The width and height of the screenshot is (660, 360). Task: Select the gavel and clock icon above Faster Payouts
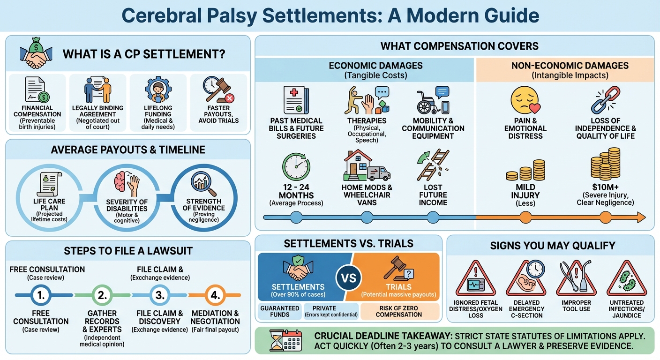tap(218, 90)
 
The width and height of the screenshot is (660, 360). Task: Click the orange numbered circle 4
tap(215, 295)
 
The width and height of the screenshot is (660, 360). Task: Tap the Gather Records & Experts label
tap(102, 322)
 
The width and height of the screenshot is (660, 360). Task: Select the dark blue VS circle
tap(349, 277)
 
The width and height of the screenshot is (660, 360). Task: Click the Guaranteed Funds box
tap(279, 311)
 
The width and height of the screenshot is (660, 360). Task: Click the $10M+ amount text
tap(605, 187)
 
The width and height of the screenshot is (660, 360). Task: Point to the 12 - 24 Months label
tap(297, 191)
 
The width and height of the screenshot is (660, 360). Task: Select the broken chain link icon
tap(605, 100)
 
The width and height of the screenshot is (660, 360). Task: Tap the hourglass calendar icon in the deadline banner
tap(284, 341)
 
